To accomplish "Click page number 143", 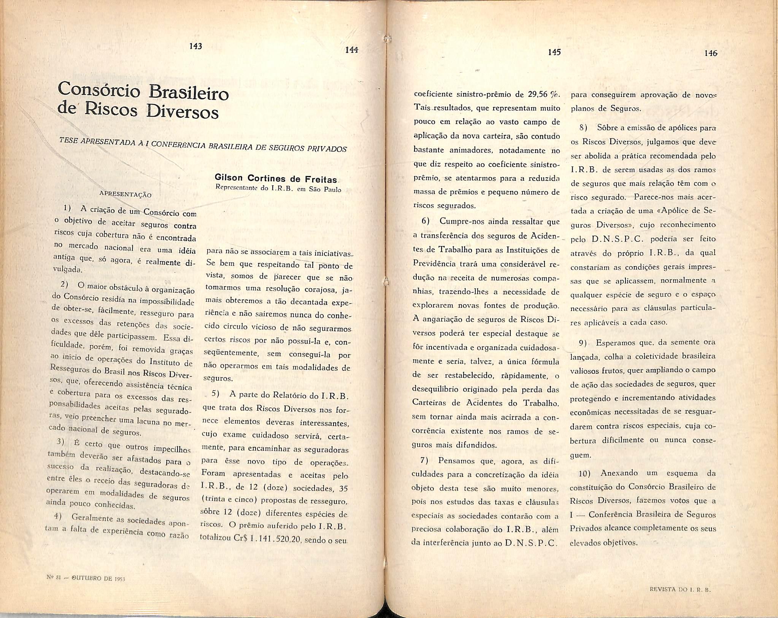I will coord(195,46).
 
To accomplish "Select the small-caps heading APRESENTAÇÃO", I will coord(125,194).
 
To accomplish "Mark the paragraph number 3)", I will coord(60,442).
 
